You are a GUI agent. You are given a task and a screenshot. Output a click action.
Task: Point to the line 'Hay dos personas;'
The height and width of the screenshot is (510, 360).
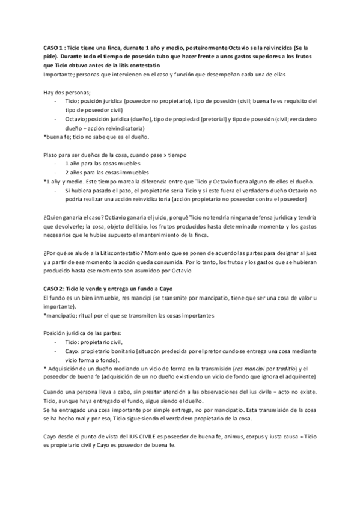click(x=67, y=93)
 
